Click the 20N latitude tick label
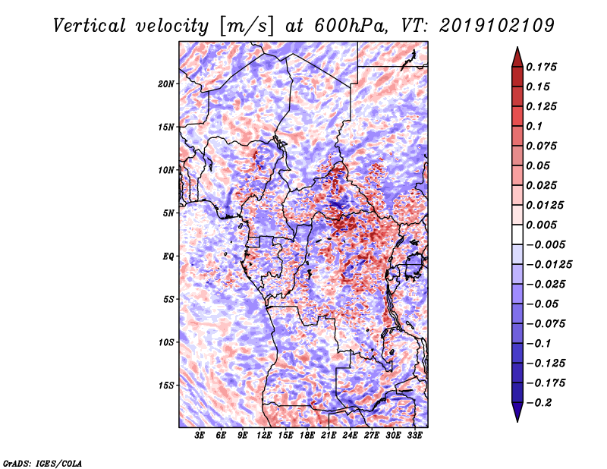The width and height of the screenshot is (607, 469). [167, 83]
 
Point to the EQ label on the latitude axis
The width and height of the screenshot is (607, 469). [168, 256]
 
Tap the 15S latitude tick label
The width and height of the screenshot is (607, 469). [167, 385]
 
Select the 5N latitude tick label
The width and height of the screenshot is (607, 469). [169, 212]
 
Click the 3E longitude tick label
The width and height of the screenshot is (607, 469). [200, 436]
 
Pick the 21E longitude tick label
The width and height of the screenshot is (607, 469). [329, 436]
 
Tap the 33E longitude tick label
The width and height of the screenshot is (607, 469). [414, 436]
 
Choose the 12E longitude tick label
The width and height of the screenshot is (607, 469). [264, 436]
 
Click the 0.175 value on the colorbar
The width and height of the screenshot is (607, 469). [543, 67]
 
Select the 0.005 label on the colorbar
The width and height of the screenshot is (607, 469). [543, 225]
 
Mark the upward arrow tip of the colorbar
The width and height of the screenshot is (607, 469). [517, 49]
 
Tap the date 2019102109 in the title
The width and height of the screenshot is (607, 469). [493, 26]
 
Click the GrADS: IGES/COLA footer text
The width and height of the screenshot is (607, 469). [42, 462]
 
